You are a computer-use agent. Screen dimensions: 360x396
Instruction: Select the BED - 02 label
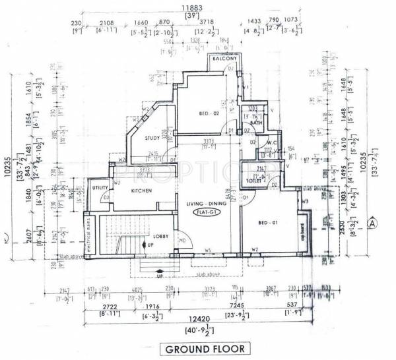pyautogui.click(x=209, y=114)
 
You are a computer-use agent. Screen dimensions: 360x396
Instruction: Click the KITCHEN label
pyautogui.click(x=142, y=191)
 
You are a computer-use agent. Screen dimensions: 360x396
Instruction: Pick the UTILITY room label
pyautogui.click(x=100, y=188)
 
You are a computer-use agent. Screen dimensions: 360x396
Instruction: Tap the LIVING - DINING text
pyautogui.click(x=205, y=202)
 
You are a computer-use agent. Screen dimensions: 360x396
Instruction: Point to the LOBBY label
pyautogui.click(x=162, y=235)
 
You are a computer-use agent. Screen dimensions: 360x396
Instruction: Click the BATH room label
pyautogui.click(x=257, y=123)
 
